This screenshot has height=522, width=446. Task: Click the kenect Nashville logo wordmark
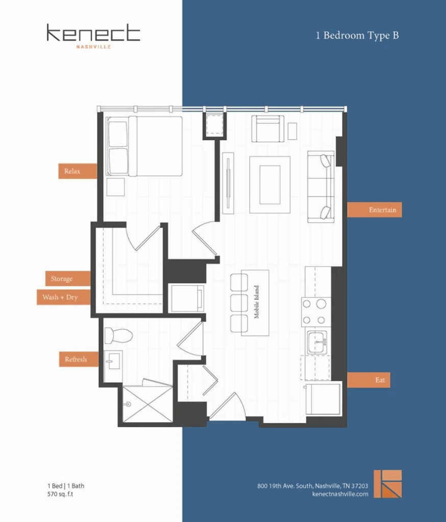(93, 35)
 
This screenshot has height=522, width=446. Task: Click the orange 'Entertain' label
(374, 210)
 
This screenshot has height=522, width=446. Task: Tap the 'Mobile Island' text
(257, 302)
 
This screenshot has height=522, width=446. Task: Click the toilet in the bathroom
(118, 335)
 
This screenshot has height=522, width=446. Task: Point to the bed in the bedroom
(144, 146)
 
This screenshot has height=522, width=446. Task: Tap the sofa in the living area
(321, 187)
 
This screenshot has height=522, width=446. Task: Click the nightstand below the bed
(115, 187)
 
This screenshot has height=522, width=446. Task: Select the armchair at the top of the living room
(267, 129)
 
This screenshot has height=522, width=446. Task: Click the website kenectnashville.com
(339, 494)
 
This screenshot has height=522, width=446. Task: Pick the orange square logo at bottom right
(387, 484)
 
